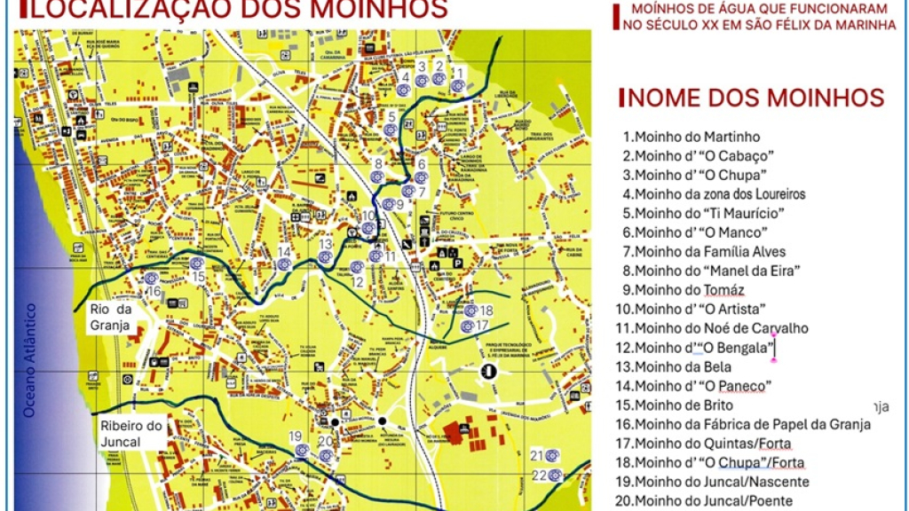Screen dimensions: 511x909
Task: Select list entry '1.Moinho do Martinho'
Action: (692, 138)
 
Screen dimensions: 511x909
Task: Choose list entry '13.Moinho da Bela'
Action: (683, 366)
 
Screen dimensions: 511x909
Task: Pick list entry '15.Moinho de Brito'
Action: (684, 405)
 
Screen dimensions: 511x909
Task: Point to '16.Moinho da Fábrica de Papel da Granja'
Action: (747, 425)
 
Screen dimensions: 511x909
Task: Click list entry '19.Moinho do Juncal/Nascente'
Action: (715, 482)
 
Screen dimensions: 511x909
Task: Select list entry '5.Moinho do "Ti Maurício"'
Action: (703, 214)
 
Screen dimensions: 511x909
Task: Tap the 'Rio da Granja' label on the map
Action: (110, 317)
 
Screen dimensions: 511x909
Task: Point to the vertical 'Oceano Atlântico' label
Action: (30, 359)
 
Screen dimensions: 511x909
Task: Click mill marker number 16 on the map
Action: (151, 279)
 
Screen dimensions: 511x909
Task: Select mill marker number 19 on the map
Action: (303, 450)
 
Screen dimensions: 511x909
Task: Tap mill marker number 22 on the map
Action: (557, 475)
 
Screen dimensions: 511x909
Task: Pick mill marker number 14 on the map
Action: (284, 263)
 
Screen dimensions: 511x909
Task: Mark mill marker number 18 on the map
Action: (470, 311)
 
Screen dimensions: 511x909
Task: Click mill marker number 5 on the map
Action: (391, 130)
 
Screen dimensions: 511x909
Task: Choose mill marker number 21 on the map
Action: (553, 455)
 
